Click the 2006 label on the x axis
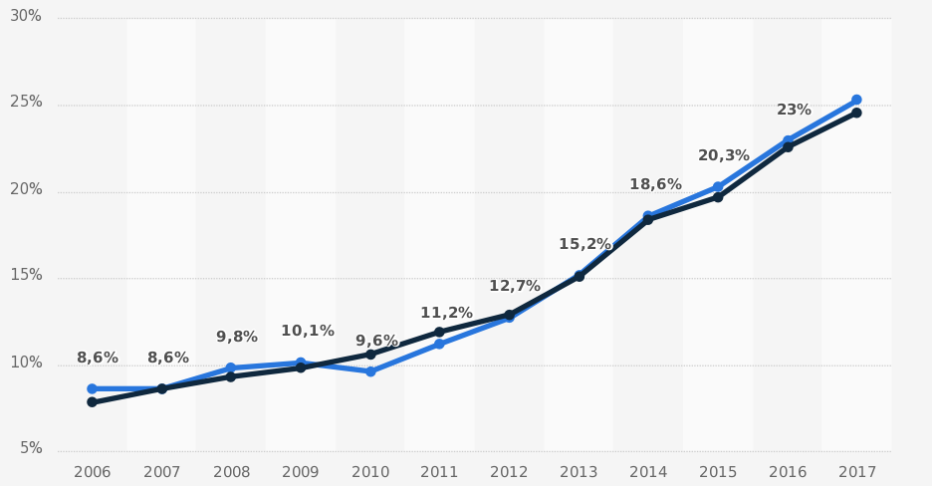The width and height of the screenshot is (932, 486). (x=92, y=471)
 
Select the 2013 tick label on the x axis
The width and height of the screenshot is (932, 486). (x=579, y=471)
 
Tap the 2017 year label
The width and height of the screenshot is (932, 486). (x=856, y=471)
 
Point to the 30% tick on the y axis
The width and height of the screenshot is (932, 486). (x=27, y=16)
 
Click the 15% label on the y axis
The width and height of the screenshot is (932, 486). (x=27, y=275)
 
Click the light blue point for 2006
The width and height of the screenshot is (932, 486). (x=92, y=388)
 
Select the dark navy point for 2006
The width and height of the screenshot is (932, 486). (x=92, y=402)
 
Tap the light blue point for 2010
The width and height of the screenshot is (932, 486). (x=370, y=371)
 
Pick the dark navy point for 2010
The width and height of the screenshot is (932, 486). (x=370, y=354)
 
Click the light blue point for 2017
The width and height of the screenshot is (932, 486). (x=856, y=100)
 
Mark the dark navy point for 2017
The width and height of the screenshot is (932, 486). (x=856, y=113)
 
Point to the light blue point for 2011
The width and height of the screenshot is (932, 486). (x=439, y=344)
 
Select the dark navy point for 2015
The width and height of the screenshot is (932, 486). (x=718, y=197)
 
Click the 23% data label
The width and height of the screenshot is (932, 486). (x=794, y=110)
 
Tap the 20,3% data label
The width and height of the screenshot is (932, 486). (x=724, y=155)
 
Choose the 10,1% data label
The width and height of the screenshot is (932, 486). (x=308, y=331)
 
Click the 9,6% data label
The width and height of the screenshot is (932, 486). (x=376, y=341)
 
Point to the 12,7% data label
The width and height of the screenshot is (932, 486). (x=515, y=286)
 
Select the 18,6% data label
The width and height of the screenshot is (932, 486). (x=655, y=184)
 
